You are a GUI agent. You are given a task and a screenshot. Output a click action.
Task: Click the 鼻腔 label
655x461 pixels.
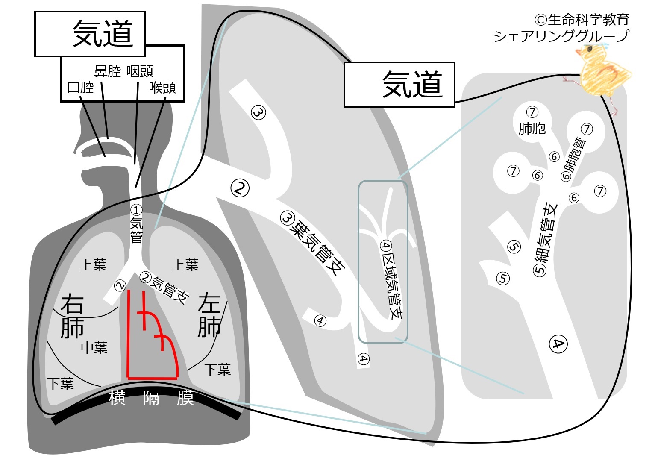click(x=108, y=71)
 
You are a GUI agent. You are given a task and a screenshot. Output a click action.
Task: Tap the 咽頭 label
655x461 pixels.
click(x=140, y=71)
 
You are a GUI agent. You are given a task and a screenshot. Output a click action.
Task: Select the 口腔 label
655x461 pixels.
click(x=80, y=88)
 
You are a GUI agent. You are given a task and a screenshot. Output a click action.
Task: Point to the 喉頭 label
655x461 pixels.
click(x=162, y=88)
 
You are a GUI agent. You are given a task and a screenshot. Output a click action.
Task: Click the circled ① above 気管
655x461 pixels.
click(x=136, y=210)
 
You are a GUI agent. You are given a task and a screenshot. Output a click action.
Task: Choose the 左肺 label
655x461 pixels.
click(x=209, y=314)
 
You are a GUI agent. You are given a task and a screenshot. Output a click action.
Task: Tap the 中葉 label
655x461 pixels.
click(x=94, y=348)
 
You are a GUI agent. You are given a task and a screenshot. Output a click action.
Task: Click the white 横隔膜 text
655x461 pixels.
click(x=151, y=398)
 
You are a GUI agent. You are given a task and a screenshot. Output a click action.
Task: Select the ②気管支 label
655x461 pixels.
click(x=164, y=288)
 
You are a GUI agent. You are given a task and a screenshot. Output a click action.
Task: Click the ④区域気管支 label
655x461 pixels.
click(x=391, y=280)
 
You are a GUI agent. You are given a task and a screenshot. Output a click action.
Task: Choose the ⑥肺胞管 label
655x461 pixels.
click(x=573, y=159)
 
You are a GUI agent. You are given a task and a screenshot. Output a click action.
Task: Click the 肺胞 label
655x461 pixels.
click(x=532, y=129)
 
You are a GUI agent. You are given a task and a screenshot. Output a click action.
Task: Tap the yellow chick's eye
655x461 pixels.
click(x=589, y=49)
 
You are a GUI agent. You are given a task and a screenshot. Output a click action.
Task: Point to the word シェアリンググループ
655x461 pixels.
click(x=561, y=37)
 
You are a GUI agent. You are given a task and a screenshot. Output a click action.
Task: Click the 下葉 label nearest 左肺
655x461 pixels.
click(x=217, y=370)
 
